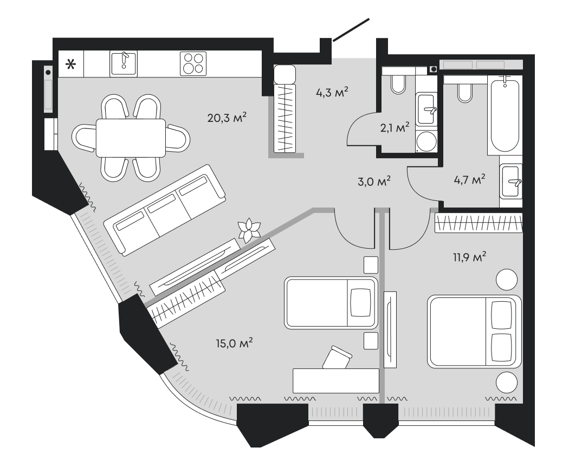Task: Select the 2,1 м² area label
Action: click(394, 127)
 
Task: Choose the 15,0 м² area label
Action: click(234, 343)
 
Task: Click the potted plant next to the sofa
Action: click(250, 230)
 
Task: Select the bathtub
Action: click(505, 114)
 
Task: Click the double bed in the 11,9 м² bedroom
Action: click(474, 332)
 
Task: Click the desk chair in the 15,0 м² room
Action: click(336, 358)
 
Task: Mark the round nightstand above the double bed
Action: click(508, 280)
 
